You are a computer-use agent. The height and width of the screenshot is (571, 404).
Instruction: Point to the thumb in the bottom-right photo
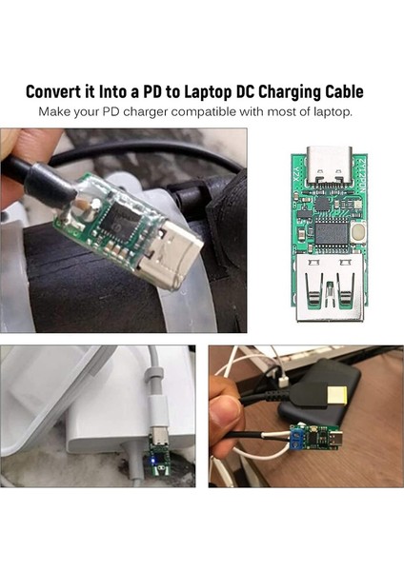pyautogui.click(x=225, y=409)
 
